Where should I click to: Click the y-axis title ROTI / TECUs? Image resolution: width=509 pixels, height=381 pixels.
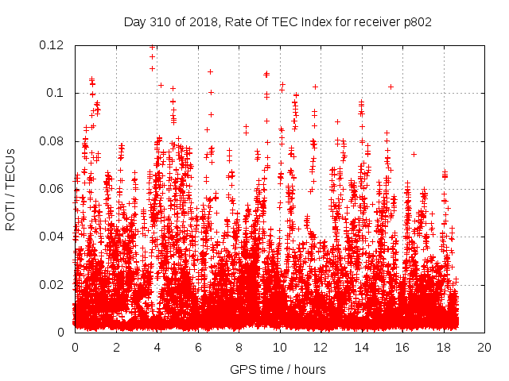click(x=10, y=189)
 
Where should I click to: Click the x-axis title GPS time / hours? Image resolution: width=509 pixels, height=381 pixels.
click(x=278, y=369)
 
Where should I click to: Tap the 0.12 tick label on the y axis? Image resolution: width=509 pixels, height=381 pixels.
click(x=52, y=45)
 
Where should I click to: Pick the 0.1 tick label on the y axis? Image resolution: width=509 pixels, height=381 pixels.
click(x=56, y=93)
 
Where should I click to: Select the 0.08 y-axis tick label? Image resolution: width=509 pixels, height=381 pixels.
click(x=52, y=141)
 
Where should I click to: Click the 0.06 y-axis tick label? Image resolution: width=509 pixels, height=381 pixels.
click(x=52, y=189)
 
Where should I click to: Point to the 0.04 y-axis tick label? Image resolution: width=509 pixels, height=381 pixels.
click(x=52, y=237)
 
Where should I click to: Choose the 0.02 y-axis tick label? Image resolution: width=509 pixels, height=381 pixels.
click(x=52, y=285)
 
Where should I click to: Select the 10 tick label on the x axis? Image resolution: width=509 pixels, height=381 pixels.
click(x=279, y=347)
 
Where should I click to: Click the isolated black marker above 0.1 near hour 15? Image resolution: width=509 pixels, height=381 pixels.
click(x=390, y=87)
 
